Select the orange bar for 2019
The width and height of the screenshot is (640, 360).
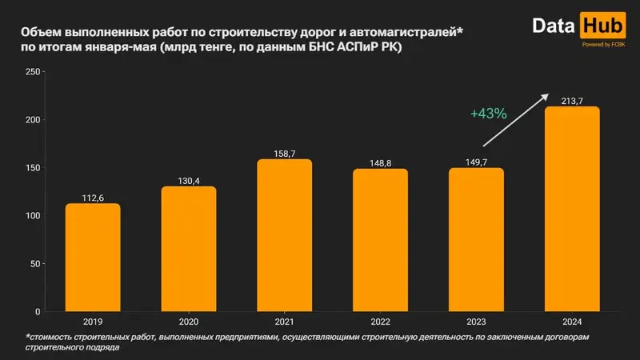(x=93, y=258)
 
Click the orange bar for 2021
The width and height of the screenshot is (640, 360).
(x=285, y=235)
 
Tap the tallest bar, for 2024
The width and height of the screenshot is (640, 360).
(x=572, y=209)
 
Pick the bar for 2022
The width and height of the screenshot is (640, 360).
(x=380, y=240)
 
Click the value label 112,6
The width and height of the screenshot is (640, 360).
(x=93, y=197)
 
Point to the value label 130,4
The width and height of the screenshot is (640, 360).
(x=189, y=180)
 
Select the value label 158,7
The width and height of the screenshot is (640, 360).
(x=285, y=153)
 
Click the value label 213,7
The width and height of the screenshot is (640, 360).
(x=572, y=100)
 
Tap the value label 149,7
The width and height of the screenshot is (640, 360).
(x=476, y=162)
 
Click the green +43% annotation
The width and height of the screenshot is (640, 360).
(x=488, y=114)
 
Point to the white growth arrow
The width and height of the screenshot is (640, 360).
(x=516, y=120)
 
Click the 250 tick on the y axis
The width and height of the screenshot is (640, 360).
(x=33, y=72)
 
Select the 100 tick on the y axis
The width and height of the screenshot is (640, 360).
(x=33, y=216)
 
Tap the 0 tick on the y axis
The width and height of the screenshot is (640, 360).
(x=38, y=311)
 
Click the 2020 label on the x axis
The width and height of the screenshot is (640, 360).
(x=189, y=322)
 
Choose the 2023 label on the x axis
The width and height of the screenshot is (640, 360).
(x=476, y=322)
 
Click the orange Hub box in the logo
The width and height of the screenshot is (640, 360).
(x=598, y=26)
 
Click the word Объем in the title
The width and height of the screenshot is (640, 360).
(x=42, y=33)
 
